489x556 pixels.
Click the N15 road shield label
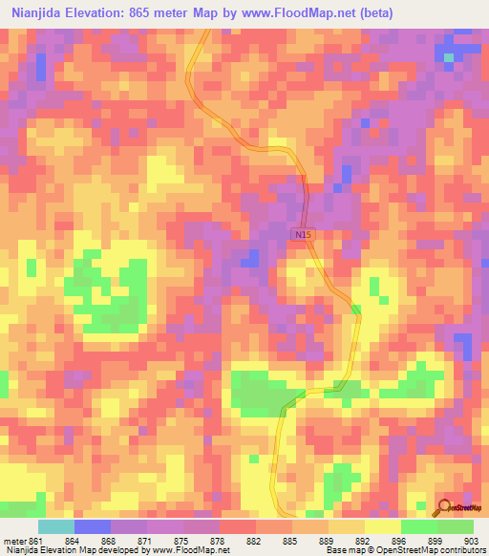[x=303, y=233]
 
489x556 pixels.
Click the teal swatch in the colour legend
[x=56, y=526]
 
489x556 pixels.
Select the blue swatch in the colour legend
[x=93, y=526]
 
